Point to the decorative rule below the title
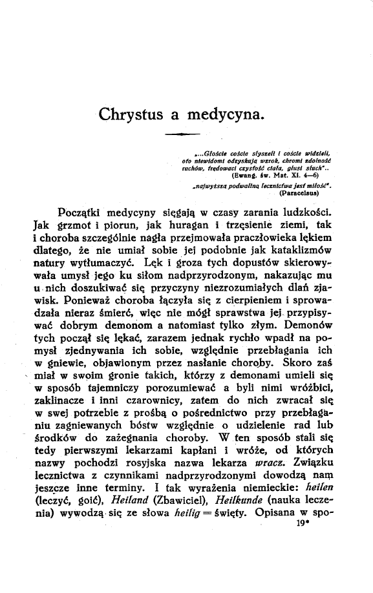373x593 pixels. pos(181,134)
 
